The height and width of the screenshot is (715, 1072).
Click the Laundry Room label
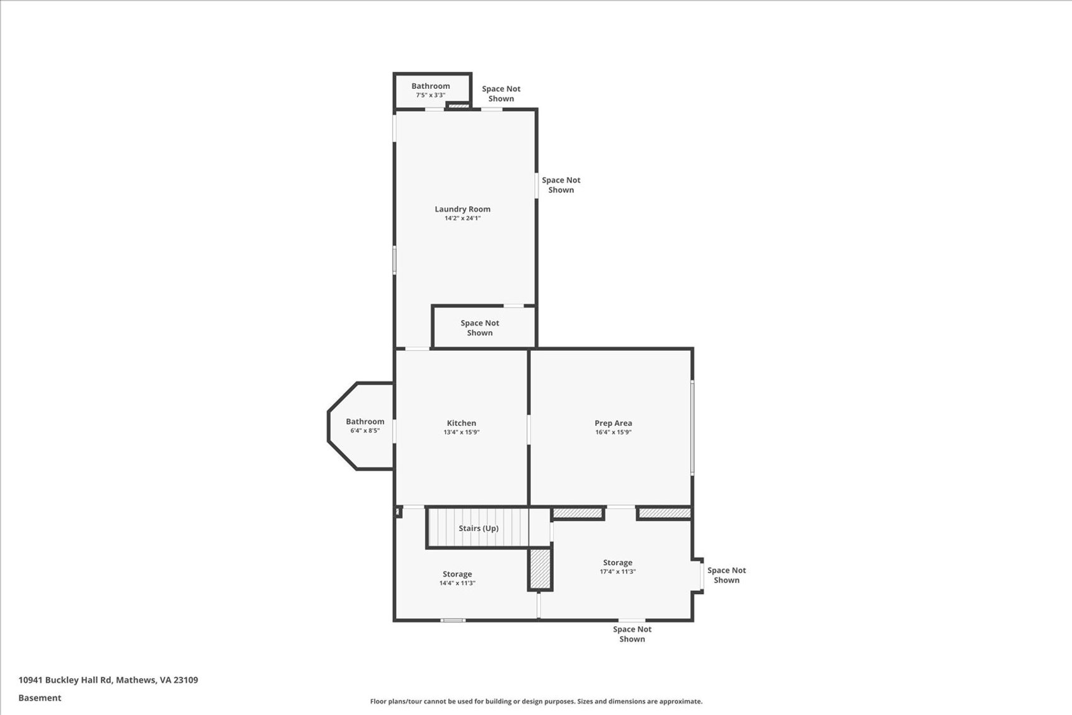(x=462, y=209)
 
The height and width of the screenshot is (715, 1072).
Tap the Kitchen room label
(x=461, y=423)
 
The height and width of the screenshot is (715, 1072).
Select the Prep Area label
(x=613, y=423)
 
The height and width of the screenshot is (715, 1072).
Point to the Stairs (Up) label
(x=479, y=529)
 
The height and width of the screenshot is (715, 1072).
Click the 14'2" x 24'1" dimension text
(x=462, y=218)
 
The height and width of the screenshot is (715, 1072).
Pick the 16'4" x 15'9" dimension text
(x=613, y=432)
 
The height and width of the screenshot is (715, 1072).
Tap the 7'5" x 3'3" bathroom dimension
(x=430, y=95)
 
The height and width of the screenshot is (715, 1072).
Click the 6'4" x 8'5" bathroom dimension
(x=365, y=431)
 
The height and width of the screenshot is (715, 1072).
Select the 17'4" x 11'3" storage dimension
(x=617, y=571)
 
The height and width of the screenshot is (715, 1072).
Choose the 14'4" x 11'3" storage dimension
(x=457, y=583)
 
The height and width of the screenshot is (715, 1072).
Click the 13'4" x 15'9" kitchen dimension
(x=461, y=432)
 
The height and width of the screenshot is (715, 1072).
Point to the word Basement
(x=40, y=698)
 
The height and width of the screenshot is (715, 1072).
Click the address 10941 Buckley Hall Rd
(x=65, y=680)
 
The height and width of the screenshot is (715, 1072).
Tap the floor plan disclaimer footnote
(x=536, y=702)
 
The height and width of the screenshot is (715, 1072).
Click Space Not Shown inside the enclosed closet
(x=479, y=328)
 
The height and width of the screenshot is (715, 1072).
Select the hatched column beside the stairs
(x=540, y=569)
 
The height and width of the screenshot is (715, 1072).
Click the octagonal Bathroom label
(x=365, y=421)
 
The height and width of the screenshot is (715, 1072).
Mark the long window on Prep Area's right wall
(x=692, y=428)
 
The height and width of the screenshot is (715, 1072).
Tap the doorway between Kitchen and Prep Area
(x=528, y=429)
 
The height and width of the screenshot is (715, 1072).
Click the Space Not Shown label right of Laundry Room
(x=561, y=185)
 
